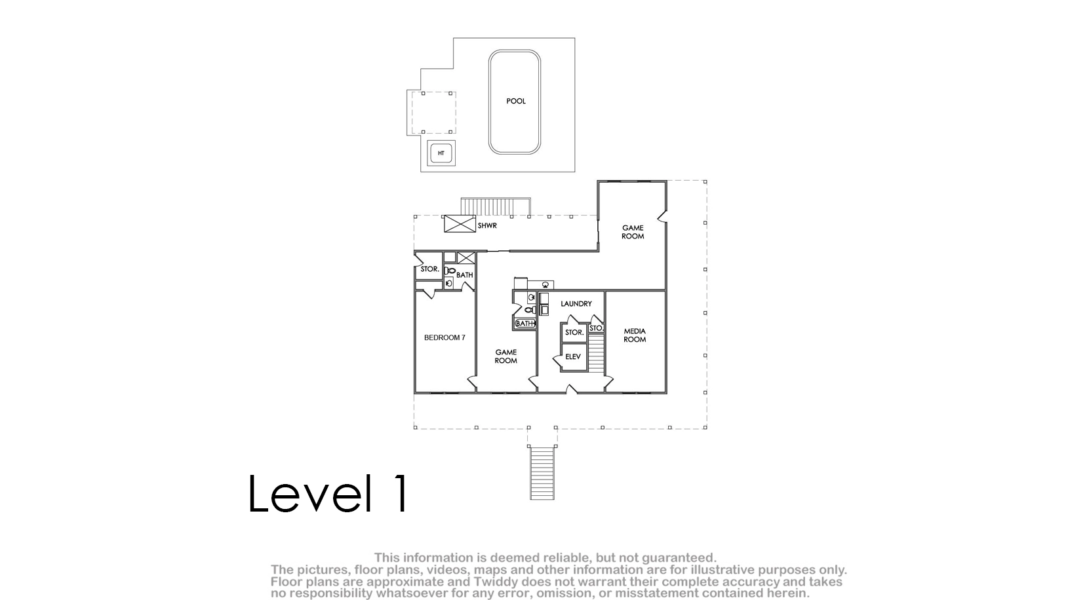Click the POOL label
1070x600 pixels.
[x=516, y=101]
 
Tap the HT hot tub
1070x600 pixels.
[x=441, y=153]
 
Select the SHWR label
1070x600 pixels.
[x=487, y=226]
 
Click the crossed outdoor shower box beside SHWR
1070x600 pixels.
[x=460, y=224]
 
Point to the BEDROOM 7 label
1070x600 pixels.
[x=445, y=337]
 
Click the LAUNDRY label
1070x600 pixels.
[x=576, y=303]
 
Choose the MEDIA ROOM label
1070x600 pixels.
[x=635, y=335]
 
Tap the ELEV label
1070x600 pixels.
[x=573, y=356]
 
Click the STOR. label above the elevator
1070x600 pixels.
[x=574, y=332]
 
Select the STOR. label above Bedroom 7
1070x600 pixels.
[x=430, y=269]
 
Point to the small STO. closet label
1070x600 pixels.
[x=596, y=328]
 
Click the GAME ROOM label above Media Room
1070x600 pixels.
[x=633, y=232]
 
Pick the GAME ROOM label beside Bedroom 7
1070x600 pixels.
[x=506, y=356]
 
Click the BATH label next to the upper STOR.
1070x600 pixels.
[x=465, y=275]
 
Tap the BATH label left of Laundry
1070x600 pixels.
[x=525, y=324]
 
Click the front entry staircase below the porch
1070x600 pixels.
[x=542, y=473]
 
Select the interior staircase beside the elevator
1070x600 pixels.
[x=596, y=353]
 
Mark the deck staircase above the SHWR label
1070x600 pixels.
[x=496, y=207]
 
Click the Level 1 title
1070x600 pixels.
[x=328, y=493]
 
